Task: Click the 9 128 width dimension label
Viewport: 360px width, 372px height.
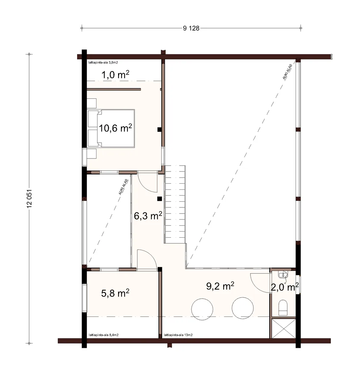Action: click(191, 28)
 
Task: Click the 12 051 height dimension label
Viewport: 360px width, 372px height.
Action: click(30, 199)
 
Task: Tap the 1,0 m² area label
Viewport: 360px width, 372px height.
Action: click(116, 75)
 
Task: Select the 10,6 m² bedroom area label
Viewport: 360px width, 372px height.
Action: click(116, 128)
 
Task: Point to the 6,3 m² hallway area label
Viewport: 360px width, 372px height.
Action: click(148, 216)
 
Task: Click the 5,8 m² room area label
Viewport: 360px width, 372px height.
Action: click(115, 293)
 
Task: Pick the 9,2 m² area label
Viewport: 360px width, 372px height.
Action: click(220, 286)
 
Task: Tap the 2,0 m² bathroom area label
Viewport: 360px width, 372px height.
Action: click(285, 287)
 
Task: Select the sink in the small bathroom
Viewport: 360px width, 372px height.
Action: click(283, 275)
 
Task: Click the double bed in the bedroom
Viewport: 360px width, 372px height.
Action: click(111, 128)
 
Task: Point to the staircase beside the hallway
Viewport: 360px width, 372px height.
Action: click(175, 204)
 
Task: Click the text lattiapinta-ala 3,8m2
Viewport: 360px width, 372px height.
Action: click(103, 63)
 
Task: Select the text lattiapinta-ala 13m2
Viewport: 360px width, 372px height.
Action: click(178, 335)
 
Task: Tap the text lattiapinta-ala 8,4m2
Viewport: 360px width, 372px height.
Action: click(104, 335)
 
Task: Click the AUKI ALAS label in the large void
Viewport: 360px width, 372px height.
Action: click(287, 72)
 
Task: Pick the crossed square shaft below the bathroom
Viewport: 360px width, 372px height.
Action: click(284, 328)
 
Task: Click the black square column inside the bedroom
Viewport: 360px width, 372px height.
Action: click(159, 130)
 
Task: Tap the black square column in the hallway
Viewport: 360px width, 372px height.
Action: click(159, 199)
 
